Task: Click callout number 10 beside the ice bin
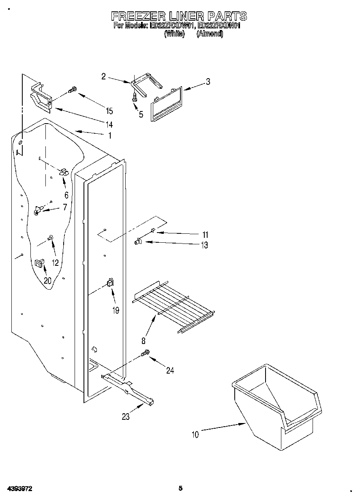pyautogui.click(x=195, y=435)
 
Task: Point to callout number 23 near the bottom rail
pyautogui.click(x=126, y=417)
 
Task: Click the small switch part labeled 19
pyautogui.click(x=110, y=283)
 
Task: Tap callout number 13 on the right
pyautogui.click(x=204, y=245)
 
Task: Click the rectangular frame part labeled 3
pyautogui.click(x=167, y=104)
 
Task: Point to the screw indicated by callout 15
pyautogui.click(x=73, y=91)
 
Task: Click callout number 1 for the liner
pyautogui.click(x=109, y=136)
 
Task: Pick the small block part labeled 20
pyautogui.click(x=39, y=263)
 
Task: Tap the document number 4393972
pyautogui.click(x=19, y=489)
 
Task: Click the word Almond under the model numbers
pyautogui.click(x=210, y=34)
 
